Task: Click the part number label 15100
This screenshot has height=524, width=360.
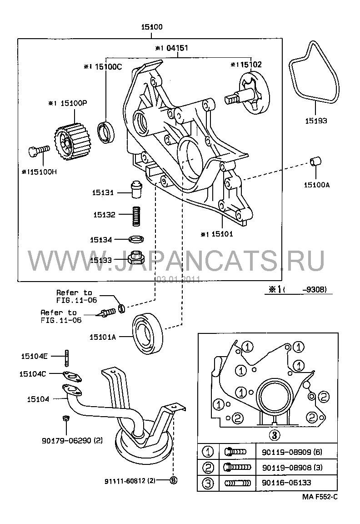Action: click(x=152, y=28)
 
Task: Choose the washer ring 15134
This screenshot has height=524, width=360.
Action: click(x=136, y=239)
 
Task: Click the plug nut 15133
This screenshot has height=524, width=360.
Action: click(x=135, y=258)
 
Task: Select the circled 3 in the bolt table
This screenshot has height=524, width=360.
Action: click(x=208, y=483)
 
